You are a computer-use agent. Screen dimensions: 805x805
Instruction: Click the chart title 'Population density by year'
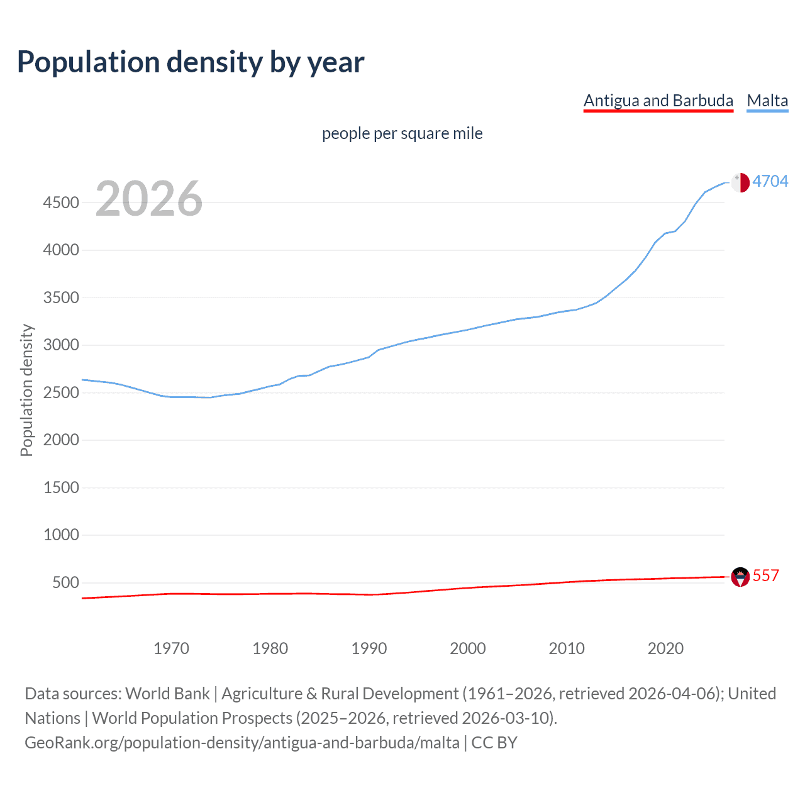point(191,62)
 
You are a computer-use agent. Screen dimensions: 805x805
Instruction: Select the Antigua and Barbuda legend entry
point(658,101)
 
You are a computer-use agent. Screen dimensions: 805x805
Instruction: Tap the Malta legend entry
point(767,101)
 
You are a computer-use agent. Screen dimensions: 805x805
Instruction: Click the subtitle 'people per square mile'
point(402,133)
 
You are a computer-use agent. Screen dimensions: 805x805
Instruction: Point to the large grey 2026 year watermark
point(149,199)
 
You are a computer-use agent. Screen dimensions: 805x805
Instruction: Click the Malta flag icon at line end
point(740,182)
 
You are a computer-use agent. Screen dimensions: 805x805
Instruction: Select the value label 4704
point(770,181)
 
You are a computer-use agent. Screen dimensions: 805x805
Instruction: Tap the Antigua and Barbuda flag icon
point(740,577)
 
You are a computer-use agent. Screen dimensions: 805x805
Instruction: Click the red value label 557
point(765,575)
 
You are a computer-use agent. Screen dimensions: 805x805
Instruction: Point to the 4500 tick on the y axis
point(61,203)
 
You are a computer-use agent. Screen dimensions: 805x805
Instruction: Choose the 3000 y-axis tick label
point(61,345)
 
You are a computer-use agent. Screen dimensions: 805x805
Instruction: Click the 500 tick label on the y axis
point(65,582)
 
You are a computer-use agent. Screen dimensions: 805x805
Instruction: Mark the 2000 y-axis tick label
point(61,440)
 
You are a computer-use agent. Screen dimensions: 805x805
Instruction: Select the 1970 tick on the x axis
point(171,648)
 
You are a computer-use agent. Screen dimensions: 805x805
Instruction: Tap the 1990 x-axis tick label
point(369,648)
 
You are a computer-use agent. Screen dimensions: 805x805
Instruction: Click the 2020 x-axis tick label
point(665,648)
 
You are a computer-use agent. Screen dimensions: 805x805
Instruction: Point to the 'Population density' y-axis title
point(26,390)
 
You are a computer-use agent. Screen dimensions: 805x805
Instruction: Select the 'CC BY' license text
point(494,743)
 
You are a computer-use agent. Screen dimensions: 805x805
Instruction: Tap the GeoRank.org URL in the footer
point(242,743)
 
